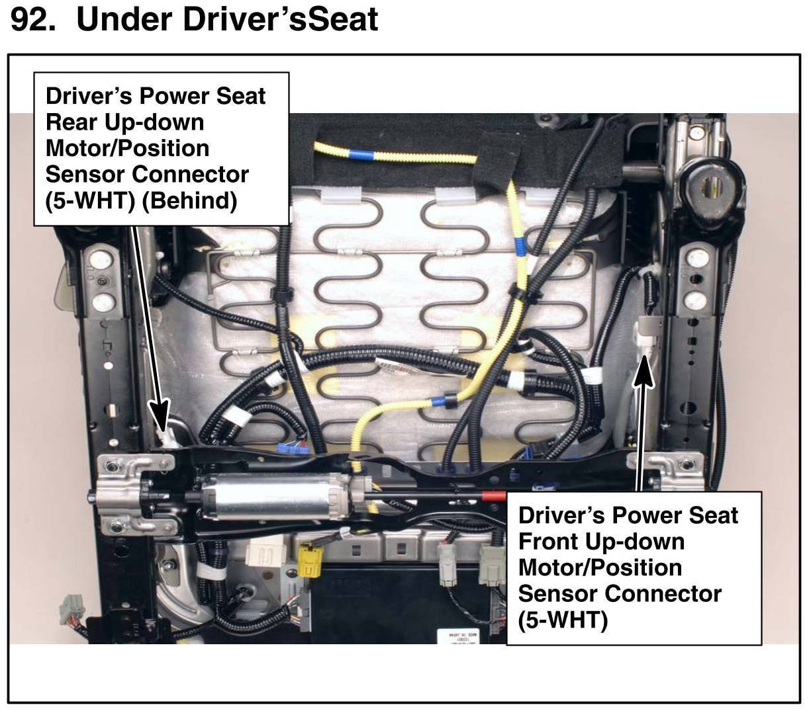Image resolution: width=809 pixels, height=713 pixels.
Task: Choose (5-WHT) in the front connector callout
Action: [563, 620]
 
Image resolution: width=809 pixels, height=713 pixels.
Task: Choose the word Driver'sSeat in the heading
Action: [281, 20]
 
